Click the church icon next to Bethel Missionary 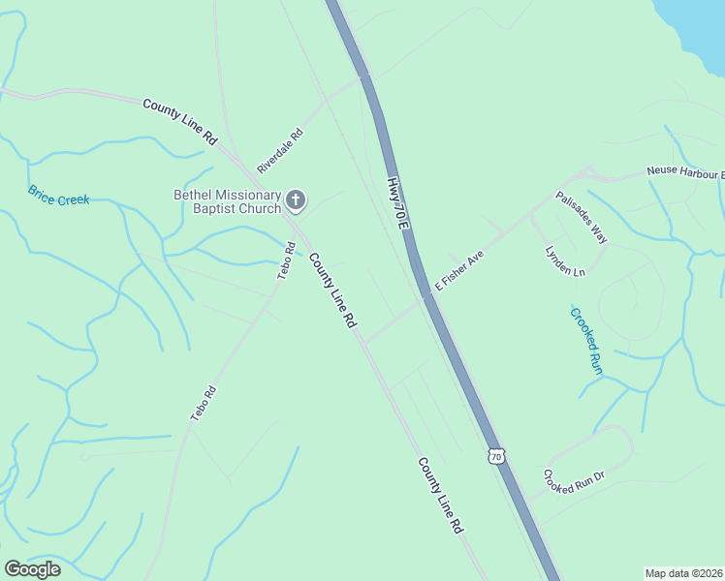click(297, 201)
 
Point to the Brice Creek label click(58, 195)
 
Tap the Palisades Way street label click(582, 217)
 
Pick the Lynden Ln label click(565, 259)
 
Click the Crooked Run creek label click(586, 341)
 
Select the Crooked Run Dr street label click(574, 480)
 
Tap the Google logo click(32, 569)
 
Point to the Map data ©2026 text click(682, 572)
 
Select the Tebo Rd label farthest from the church click(203, 403)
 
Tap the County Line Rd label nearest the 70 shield click(440, 497)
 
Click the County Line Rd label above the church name click(179, 121)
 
